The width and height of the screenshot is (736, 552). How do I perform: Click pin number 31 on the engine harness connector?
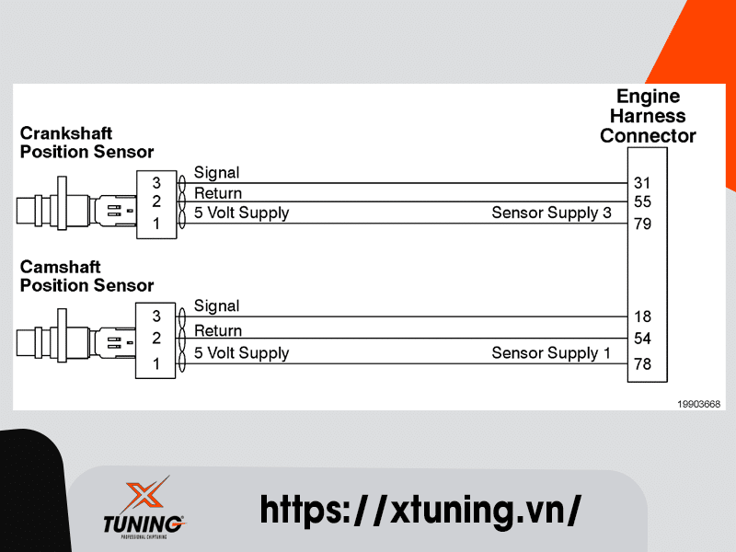(x=642, y=182)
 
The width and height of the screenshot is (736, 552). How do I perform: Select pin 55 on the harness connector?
(x=642, y=201)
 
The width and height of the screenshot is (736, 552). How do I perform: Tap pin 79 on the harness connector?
(x=642, y=223)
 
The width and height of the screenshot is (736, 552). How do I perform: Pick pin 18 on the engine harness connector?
(x=642, y=316)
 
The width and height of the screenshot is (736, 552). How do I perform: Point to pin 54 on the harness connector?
(x=642, y=339)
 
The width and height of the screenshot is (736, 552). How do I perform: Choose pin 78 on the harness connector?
(x=642, y=364)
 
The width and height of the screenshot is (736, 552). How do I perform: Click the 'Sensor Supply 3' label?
(x=551, y=213)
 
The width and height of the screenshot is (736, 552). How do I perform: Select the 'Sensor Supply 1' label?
(x=551, y=353)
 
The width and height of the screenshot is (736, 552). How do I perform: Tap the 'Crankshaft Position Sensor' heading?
(x=86, y=143)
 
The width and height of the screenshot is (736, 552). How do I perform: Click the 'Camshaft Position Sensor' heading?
(x=86, y=276)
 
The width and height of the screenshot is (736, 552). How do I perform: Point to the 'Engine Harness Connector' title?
(x=648, y=116)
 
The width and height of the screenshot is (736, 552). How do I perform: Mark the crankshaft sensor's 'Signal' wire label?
(x=216, y=173)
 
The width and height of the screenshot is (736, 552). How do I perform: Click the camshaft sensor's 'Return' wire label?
(x=218, y=330)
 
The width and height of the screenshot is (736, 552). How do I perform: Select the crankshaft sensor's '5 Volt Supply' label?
(x=241, y=213)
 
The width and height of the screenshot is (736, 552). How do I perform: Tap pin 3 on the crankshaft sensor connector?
(x=156, y=182)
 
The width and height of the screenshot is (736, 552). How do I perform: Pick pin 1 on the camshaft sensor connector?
(x=156, y=364)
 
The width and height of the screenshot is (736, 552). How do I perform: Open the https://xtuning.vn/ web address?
(x=420, y=508)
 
